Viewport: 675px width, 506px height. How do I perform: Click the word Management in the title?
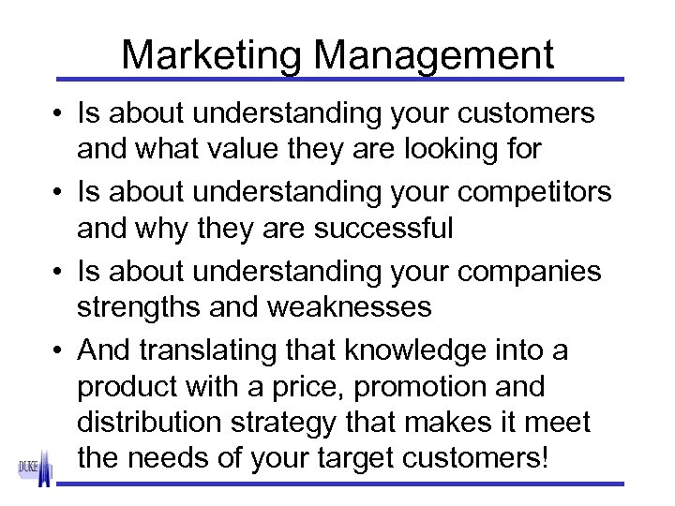434,55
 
